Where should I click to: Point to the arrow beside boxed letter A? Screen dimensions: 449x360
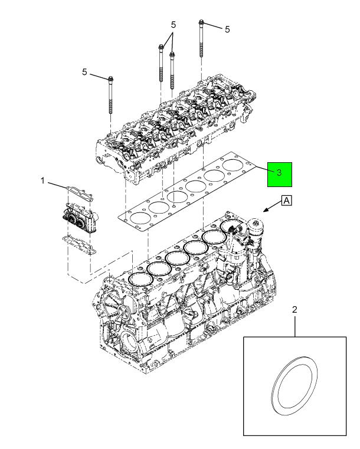point(270,207)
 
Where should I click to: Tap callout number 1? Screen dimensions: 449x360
point(42,181)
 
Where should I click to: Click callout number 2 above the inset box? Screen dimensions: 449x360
point(294,309)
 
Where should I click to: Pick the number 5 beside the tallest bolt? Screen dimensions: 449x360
point(227,29)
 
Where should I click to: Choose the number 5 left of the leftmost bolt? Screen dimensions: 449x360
point(84,72)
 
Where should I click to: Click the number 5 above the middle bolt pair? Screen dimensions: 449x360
point(174,25)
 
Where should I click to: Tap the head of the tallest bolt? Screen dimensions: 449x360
point(201,23)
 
